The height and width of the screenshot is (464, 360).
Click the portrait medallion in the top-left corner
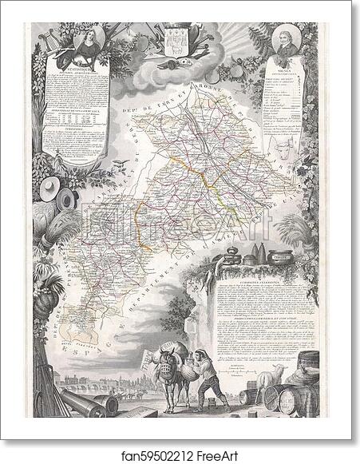(x=86, y=42)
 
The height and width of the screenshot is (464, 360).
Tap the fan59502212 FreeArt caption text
(x=180, y=454)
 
